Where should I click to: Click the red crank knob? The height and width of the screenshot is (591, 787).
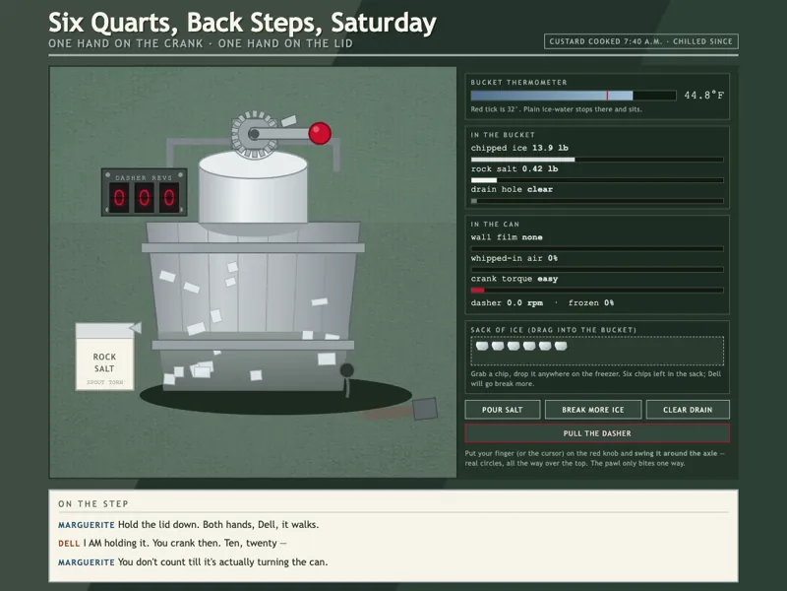(320, 133)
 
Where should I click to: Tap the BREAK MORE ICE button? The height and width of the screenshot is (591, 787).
(593, 410)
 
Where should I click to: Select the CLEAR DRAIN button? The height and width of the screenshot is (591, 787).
(688, 410)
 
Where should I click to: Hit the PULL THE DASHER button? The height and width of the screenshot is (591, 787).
(597, 433)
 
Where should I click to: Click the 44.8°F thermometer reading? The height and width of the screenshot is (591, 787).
(704, 95)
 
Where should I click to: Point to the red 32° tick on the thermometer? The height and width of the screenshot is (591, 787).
(607, 96)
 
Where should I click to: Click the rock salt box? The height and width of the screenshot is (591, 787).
(105, 357)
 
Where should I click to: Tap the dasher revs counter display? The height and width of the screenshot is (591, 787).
(144, 192)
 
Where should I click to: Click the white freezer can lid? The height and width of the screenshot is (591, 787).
(253, 164)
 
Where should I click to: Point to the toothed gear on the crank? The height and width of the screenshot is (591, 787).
(254, 134)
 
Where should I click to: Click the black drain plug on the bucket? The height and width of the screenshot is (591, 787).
(347, 370)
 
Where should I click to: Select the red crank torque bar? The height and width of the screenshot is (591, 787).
(477, 290)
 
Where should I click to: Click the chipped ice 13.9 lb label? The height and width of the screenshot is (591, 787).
(519, 148)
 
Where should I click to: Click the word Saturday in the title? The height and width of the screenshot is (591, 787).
(384, 23)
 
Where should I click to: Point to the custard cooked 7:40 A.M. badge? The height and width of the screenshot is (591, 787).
(641, 41)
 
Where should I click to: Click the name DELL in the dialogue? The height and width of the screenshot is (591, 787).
(69, 544)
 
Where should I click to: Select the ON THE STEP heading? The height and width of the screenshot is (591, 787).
(93, 503)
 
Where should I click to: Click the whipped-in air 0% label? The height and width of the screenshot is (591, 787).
(515, 258)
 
